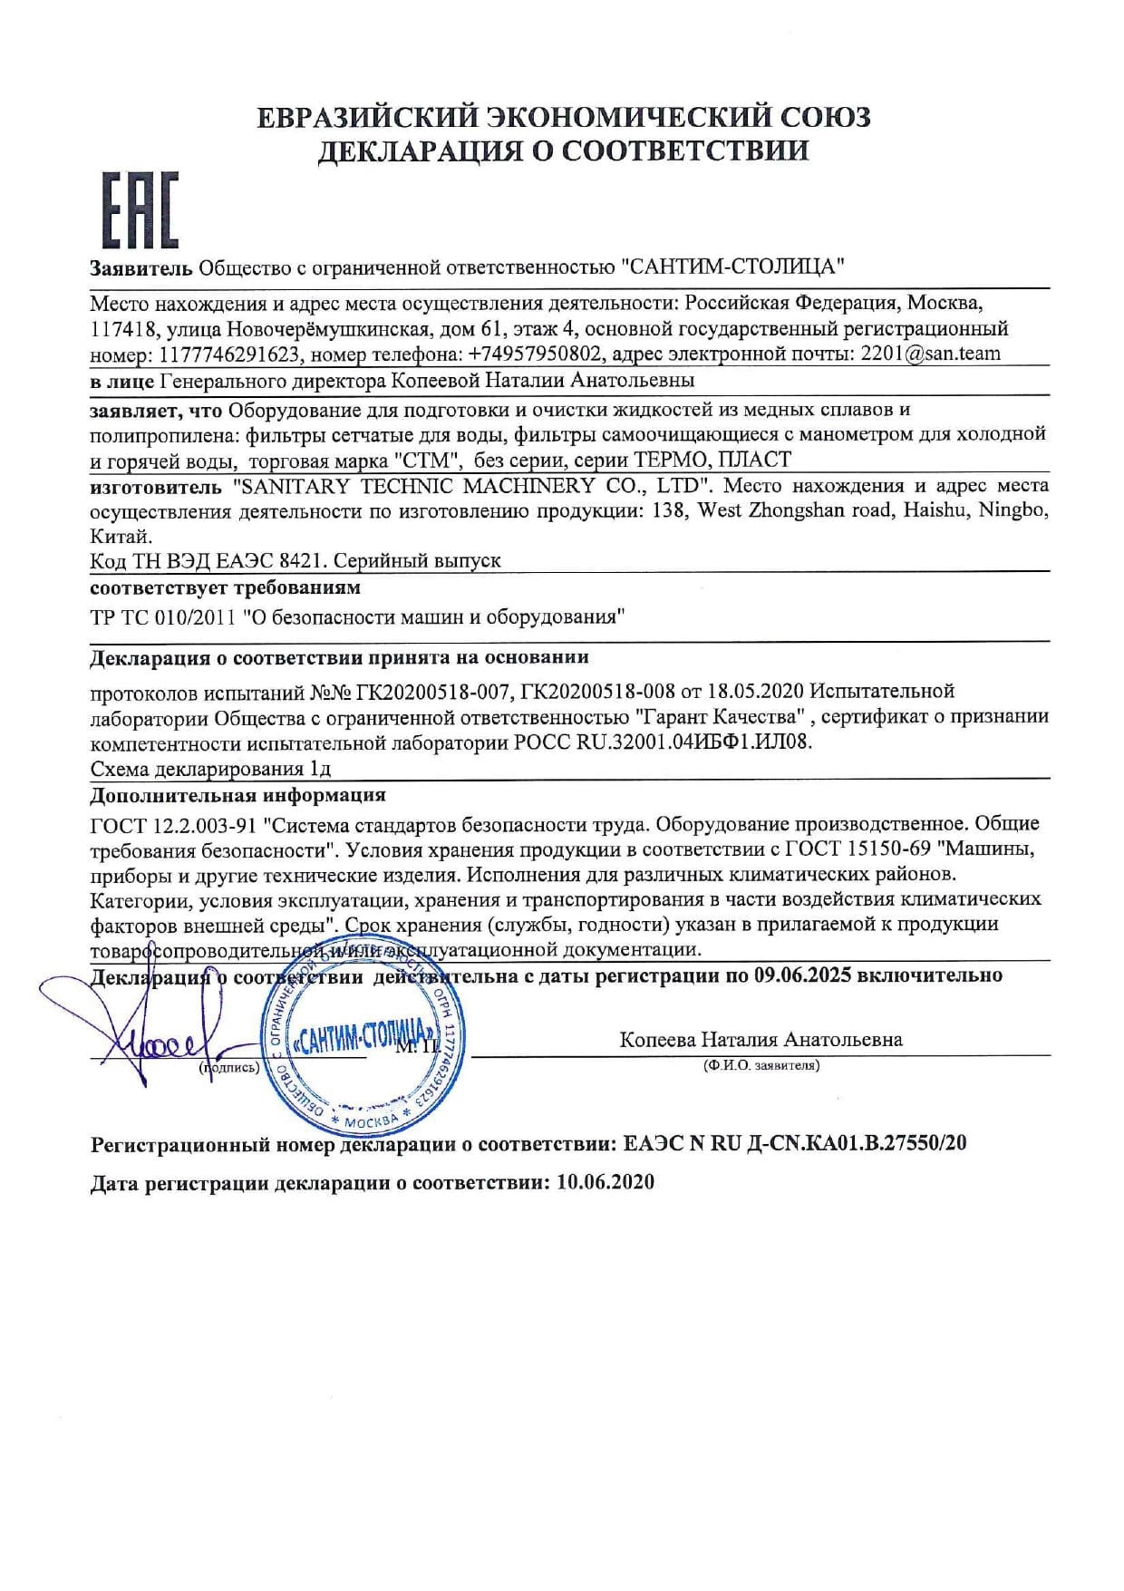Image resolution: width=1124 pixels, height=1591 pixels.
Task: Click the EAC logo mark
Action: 139,210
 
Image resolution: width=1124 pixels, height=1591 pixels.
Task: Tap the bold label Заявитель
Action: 140,267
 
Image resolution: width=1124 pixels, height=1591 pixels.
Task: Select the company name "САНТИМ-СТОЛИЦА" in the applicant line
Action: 732,267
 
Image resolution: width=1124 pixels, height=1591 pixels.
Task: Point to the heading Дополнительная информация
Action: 237,795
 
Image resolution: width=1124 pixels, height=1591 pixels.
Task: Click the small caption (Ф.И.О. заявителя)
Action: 761,1066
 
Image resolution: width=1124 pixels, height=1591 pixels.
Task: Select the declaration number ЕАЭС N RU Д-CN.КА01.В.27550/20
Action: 795,1143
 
